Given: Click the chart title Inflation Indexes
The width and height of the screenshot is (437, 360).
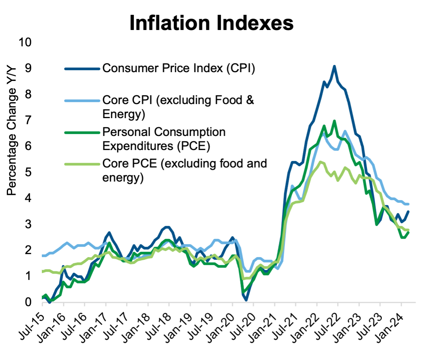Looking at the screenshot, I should (212, 23).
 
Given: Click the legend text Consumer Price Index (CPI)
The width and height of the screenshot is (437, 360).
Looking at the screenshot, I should (178, 69).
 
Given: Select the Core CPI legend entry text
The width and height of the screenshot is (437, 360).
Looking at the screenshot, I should (178, 107).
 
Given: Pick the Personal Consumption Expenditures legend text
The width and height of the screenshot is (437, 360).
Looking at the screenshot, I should (164, 138).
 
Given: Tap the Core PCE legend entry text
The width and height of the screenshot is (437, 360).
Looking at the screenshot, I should (185, 170).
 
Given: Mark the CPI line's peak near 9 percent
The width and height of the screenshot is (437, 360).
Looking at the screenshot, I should (334, 66).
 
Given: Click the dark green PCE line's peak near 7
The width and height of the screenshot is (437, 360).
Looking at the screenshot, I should (334, 121).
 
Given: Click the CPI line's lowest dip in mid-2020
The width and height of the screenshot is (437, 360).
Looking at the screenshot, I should (246, 300).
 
